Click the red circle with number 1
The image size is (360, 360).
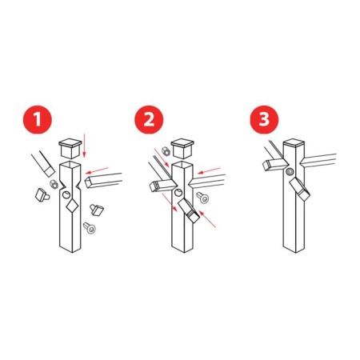38,119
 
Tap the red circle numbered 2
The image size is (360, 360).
149,119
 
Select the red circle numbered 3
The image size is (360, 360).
264,119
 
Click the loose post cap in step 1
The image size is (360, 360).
70,149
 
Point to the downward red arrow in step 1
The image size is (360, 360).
84,146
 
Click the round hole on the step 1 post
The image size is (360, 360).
66,195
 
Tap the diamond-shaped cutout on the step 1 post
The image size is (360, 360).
72,206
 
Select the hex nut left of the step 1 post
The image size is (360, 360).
54,184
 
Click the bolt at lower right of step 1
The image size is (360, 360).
90,228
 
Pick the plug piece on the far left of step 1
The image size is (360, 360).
42,194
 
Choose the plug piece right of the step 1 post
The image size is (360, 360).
97,210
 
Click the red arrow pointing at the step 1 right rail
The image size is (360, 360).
97,170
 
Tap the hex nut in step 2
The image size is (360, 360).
166,151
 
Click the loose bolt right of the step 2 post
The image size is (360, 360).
202,198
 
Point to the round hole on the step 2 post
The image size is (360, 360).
178,192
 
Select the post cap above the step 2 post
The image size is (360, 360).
182,149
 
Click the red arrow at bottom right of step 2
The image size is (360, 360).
207,219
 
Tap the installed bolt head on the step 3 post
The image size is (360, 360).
290,171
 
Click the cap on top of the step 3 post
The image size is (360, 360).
294,142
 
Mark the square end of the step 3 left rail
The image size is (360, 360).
266,166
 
